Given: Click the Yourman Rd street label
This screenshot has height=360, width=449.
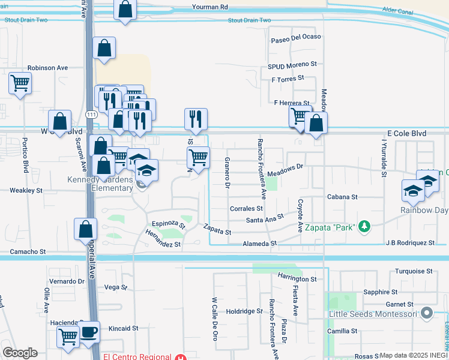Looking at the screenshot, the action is [210, 7].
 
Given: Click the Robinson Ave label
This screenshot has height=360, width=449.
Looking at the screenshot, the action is [48, 68].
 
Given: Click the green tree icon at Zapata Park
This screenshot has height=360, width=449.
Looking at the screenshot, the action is [363, 226].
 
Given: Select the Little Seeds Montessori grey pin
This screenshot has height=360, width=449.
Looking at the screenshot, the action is [427, 313].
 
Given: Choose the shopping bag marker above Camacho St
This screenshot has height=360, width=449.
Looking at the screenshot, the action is [86, 228].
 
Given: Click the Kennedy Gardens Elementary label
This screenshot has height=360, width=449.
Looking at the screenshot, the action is [100, 184].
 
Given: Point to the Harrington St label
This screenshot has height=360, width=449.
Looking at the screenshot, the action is [297, 279].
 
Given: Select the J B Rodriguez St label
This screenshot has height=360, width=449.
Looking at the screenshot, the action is [411, 243].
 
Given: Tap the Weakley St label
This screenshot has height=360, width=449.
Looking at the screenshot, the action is [26, 190].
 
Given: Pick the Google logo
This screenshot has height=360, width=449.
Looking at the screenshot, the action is [20, 353].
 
